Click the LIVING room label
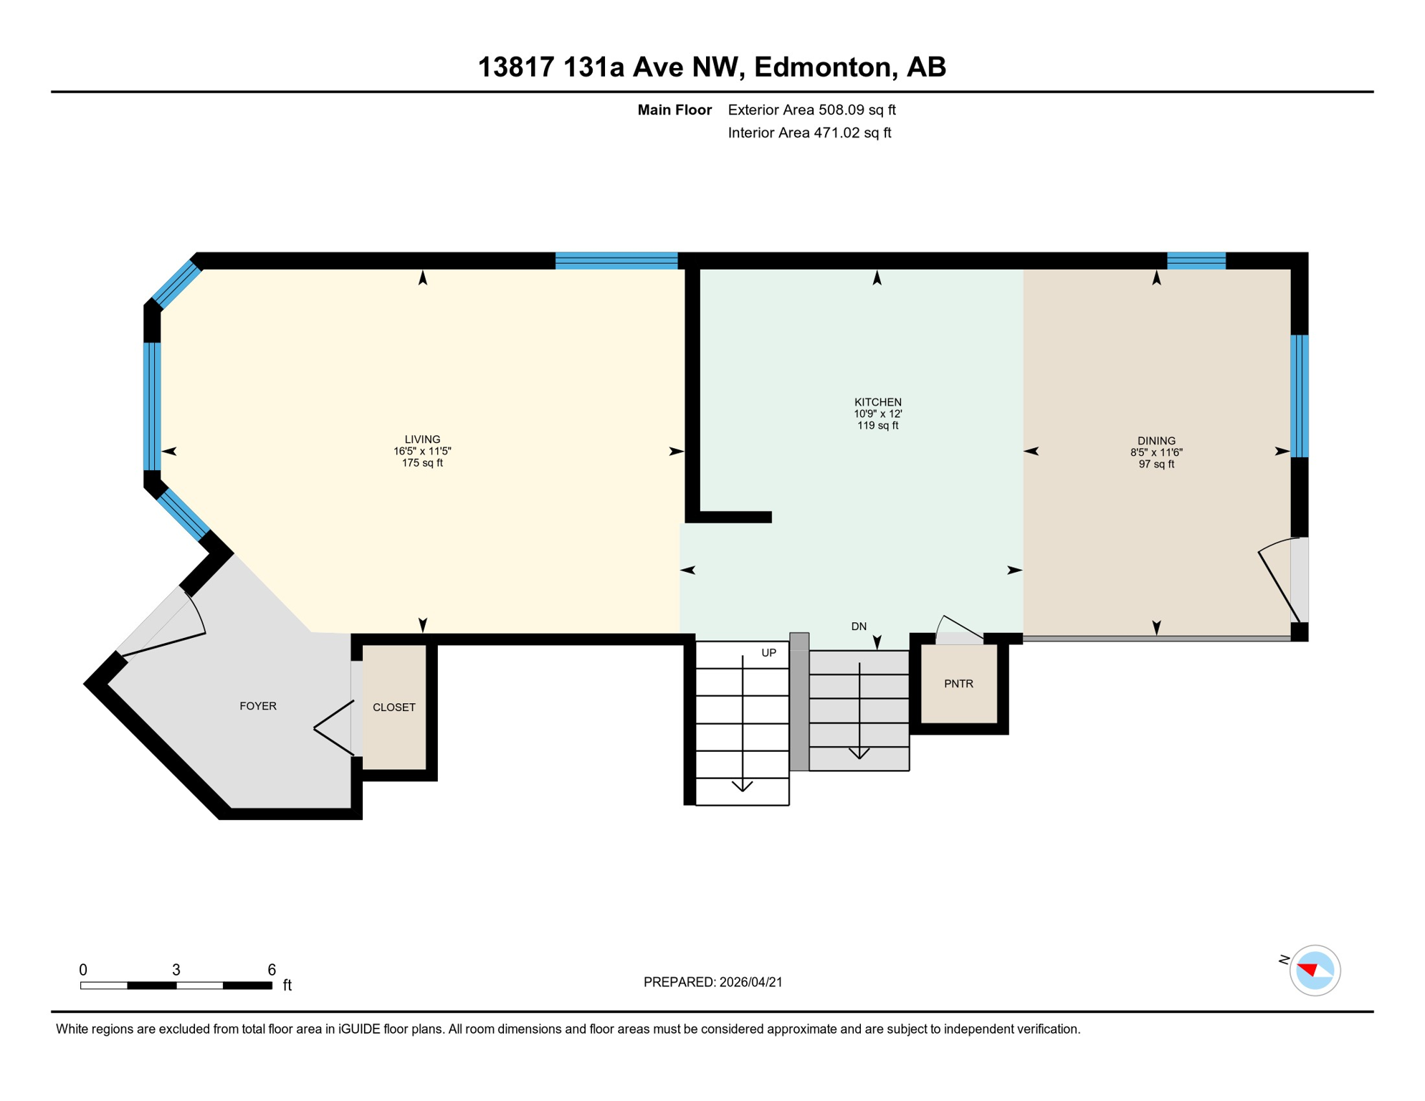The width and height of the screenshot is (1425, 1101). click(x=422, y=439)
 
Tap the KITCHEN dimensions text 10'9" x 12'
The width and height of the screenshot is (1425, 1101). click(x=877, y=414)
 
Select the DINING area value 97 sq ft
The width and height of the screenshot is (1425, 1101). click(x=1156, y=464)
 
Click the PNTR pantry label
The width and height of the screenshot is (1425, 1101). click(x=958, y=684)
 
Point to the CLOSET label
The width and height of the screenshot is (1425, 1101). click(x=394, y=707)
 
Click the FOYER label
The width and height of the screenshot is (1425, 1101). click(x=258, y=706)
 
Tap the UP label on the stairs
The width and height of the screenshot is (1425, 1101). click(x=768, y=653)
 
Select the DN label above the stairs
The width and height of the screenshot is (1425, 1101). click(x=859, y=626)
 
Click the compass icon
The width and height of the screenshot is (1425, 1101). click(x=1315, y=971)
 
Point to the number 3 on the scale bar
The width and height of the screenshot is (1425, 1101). click(x=176, y=970)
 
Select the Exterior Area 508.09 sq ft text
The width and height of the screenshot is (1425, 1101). click(x=811, y=110)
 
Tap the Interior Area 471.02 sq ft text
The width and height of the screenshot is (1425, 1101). click(x=809, y=133)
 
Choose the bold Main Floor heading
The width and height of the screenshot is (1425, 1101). click(x=675, y=110)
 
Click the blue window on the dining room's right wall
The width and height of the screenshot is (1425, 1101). click(x=1300, y=396)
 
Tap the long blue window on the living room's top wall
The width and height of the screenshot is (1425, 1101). click(x=616, y=260)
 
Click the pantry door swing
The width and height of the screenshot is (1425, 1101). click(x=959, y=630)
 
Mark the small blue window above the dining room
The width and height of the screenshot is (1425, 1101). click(x=1196, y=260)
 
